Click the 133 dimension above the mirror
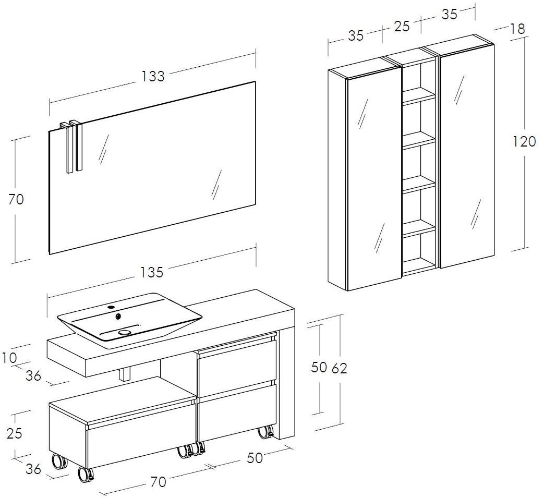click(x=153, y=76)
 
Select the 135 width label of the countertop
click(x=152, y=272)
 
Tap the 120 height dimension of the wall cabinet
click(x=524, y=141)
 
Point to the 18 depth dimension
click(x=517, y=29)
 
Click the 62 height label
click(x=339, y=368)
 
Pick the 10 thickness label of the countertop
click(x=9, y=358)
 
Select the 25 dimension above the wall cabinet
click(x=402, y=26)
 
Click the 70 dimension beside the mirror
click(x=16, y=199)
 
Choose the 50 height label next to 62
click(x=319, y=368)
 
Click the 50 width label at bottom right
click(x=255, y=457)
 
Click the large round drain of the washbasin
click(x=125, y=332)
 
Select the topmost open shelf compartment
click(x=418, y=78)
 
